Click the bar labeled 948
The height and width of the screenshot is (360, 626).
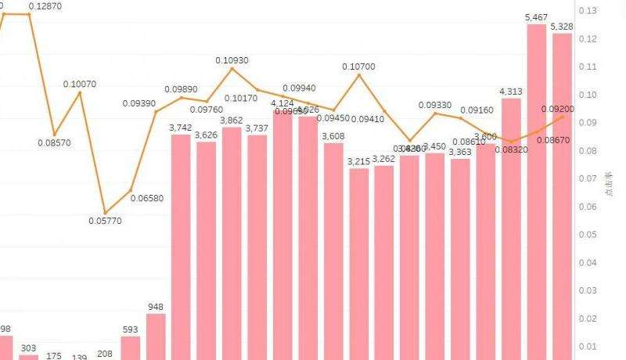(x=156, y=337)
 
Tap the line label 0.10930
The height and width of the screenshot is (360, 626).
(x=232, y=60)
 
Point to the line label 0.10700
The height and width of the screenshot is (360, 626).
(x=358, y=67)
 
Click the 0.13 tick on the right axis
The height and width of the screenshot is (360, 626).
(x=586, y=11)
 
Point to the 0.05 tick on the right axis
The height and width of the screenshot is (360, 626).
(x=586, y=235)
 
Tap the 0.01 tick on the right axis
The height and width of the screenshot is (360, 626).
(x=586, y=347)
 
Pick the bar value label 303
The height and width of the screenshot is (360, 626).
(x=29, y=348)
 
